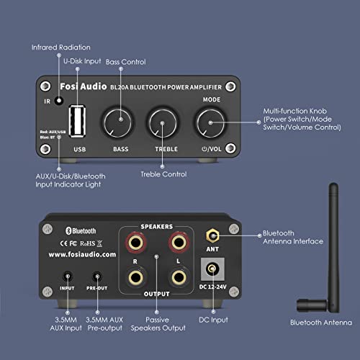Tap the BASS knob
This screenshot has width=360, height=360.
point(117,122)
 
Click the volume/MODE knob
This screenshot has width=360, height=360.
point(210,123)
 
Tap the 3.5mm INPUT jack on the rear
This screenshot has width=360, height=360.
point(68,276)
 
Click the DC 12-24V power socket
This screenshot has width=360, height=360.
point(212,271)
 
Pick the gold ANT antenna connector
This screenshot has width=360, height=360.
point(213,235)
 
